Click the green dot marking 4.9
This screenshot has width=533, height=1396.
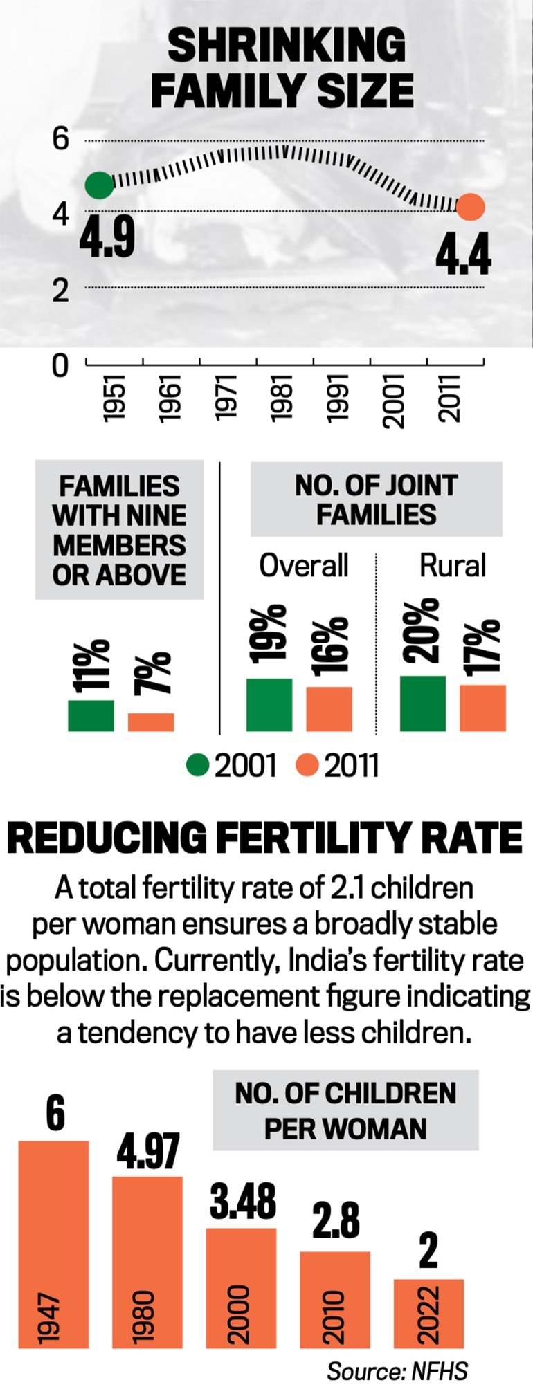(x=98, y=185)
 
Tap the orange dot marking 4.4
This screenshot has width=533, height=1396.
(x=471, y=207)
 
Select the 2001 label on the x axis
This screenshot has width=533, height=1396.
(x=395, y=401)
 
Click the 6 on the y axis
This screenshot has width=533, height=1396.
(x=61, y=140)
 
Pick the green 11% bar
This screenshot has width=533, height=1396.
(x=91, y=715)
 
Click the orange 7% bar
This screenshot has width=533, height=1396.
(x=151, y=722)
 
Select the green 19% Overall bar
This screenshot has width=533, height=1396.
(x=269, y=704)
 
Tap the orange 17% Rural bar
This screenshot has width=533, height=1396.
(x=482, y=708)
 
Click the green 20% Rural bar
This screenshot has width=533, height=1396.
(x=423, y=703)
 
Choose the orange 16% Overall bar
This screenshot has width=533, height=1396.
(x=329, y=708)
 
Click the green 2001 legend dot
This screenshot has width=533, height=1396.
(x=198, y=766)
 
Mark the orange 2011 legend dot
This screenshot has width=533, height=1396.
(x=307, y=766)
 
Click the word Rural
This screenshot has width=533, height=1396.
(x=453, y=565)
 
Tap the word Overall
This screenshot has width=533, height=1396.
(x=303, y=565)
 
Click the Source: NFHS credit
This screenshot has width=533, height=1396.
(x=397, y=1370)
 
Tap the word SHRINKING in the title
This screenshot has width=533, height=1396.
(x=287, y=46)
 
